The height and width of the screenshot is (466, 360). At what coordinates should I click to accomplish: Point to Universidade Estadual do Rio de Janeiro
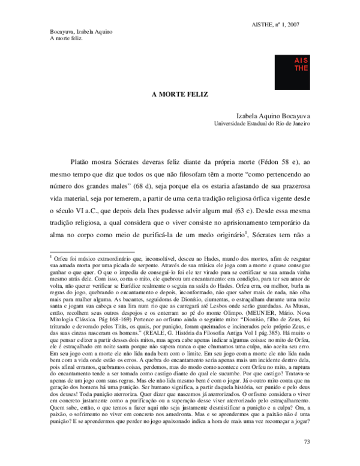click(x=262, y=123)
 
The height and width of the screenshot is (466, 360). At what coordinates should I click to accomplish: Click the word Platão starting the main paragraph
click(x=82, y=162)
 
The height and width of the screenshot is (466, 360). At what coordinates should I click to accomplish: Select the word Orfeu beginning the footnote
click(x=62, y=257)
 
